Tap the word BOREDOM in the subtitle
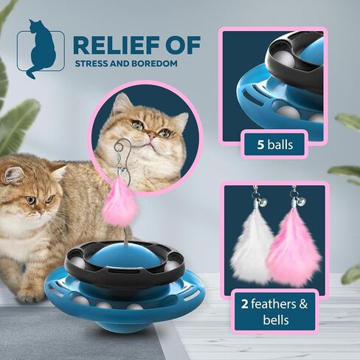coord(154,63)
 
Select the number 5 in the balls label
coord(260,145)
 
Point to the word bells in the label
coord(276,319)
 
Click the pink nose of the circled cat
coord(152,136)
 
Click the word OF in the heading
coord(186,46)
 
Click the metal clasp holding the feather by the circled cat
coord(120,165)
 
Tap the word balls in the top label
coord(280,145)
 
